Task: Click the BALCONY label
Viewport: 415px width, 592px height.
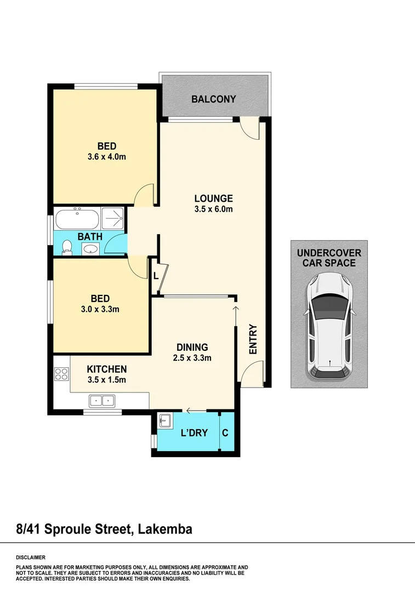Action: [213, 99]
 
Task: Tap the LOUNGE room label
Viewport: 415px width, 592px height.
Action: [213, 198]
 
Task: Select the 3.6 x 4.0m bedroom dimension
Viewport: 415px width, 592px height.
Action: [107, 157]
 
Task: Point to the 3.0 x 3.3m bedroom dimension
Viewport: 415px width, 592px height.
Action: [100, 309]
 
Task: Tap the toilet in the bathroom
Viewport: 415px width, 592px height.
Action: [67, 248]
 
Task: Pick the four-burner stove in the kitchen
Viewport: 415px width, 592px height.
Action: [61, 374]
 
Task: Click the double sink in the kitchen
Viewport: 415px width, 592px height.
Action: [102, 401]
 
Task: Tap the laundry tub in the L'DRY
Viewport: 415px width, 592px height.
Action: [164, 422]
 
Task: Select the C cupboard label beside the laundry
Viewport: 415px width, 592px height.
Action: [225, 432]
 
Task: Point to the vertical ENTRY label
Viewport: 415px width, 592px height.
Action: [253, 340]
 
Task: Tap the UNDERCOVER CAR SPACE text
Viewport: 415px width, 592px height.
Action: [328, 258]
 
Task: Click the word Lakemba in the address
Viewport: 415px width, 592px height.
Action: [165, 529]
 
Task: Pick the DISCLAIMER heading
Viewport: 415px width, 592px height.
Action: [30, 556]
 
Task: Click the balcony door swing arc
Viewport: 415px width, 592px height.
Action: [250, 128]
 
